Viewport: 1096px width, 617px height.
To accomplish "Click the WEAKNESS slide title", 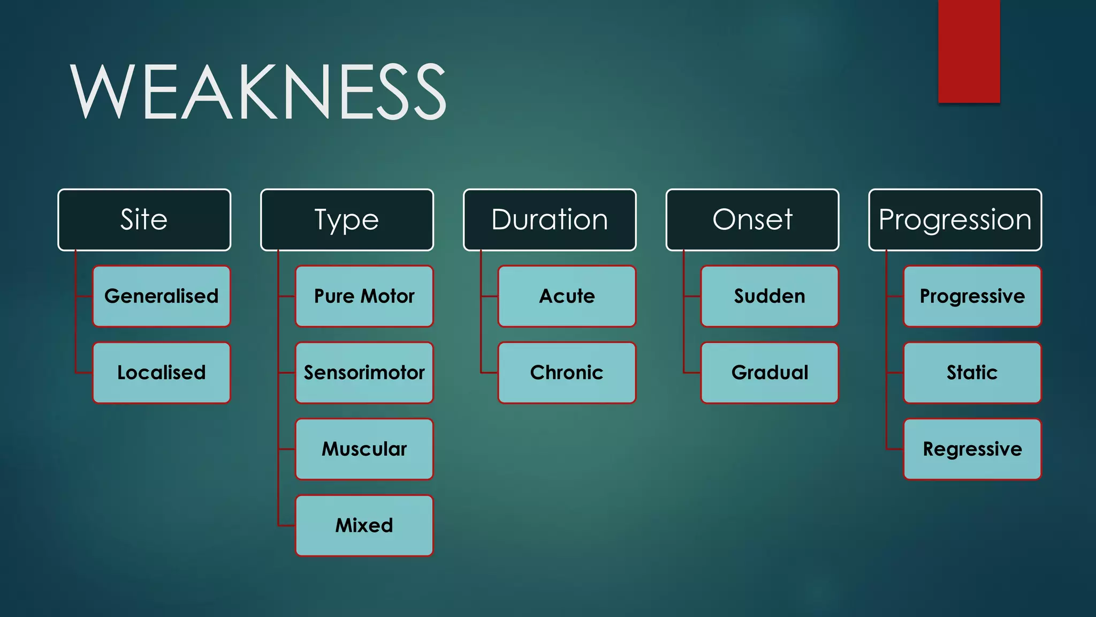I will coord(258,91).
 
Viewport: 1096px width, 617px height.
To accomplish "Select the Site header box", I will coord(144,220).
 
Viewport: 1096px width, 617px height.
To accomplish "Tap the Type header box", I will coord(347,220).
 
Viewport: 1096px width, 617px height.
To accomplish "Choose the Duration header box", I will coord(550,220).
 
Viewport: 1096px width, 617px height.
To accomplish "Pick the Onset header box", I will coord(752,220).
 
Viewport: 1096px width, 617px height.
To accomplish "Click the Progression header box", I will coord(955,220).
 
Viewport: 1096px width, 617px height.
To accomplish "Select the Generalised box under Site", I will coord(162,296).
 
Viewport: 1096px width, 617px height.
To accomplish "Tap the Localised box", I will coord(162,373).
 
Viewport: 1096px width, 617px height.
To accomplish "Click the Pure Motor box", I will coord(364,296).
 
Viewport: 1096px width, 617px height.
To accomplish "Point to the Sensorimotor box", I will coord(364,373).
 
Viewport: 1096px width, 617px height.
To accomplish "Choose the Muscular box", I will coord(364,449).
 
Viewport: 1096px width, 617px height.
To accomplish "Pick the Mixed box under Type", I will coord(364,525).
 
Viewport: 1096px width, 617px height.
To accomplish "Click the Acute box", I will coord(567,296).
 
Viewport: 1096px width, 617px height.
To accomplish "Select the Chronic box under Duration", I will coord(567,373).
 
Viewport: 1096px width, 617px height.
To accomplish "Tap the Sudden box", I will coord(770,296).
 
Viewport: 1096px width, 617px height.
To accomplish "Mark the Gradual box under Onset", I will coord(770,373).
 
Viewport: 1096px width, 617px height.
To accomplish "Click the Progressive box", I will coord(972,296).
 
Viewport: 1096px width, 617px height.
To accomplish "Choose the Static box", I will coord(972,373).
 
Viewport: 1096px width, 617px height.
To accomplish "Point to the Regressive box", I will coord(972,449).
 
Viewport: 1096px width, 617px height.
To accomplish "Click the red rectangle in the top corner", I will coord(969,51).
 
